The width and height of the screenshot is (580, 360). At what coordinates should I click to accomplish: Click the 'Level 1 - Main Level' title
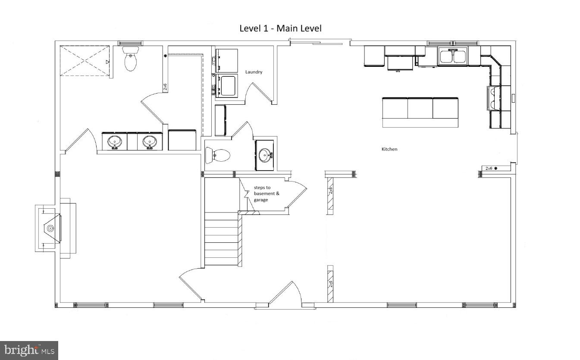(280, 28)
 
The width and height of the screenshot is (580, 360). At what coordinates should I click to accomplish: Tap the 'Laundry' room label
(254, 72)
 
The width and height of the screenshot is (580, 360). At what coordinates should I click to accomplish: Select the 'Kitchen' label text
(389, 149)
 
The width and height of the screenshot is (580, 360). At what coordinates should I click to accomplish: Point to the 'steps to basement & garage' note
(266, 194)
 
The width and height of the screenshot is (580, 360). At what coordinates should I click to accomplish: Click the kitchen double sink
(453, 56)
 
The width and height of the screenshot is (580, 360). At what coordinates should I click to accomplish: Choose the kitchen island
(420, 112)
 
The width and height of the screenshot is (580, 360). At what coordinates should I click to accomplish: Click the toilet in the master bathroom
(131, 59)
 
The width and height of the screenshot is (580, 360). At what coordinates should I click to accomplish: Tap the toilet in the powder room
(217, 155)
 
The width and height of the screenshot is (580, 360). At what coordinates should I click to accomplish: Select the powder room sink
(265, 155)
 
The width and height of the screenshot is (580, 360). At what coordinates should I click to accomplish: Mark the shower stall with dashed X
(85, 61)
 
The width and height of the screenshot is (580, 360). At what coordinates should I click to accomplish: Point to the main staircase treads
(222, 239)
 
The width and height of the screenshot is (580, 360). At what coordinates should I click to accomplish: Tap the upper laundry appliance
(226, 61)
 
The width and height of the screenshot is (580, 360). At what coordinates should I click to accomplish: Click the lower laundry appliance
(226, 86)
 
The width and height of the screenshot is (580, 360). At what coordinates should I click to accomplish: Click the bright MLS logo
(29, 351)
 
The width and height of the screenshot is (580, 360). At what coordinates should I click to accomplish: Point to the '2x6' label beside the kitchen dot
(489, 169)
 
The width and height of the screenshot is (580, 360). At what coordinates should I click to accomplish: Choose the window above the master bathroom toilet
(131, 43)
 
